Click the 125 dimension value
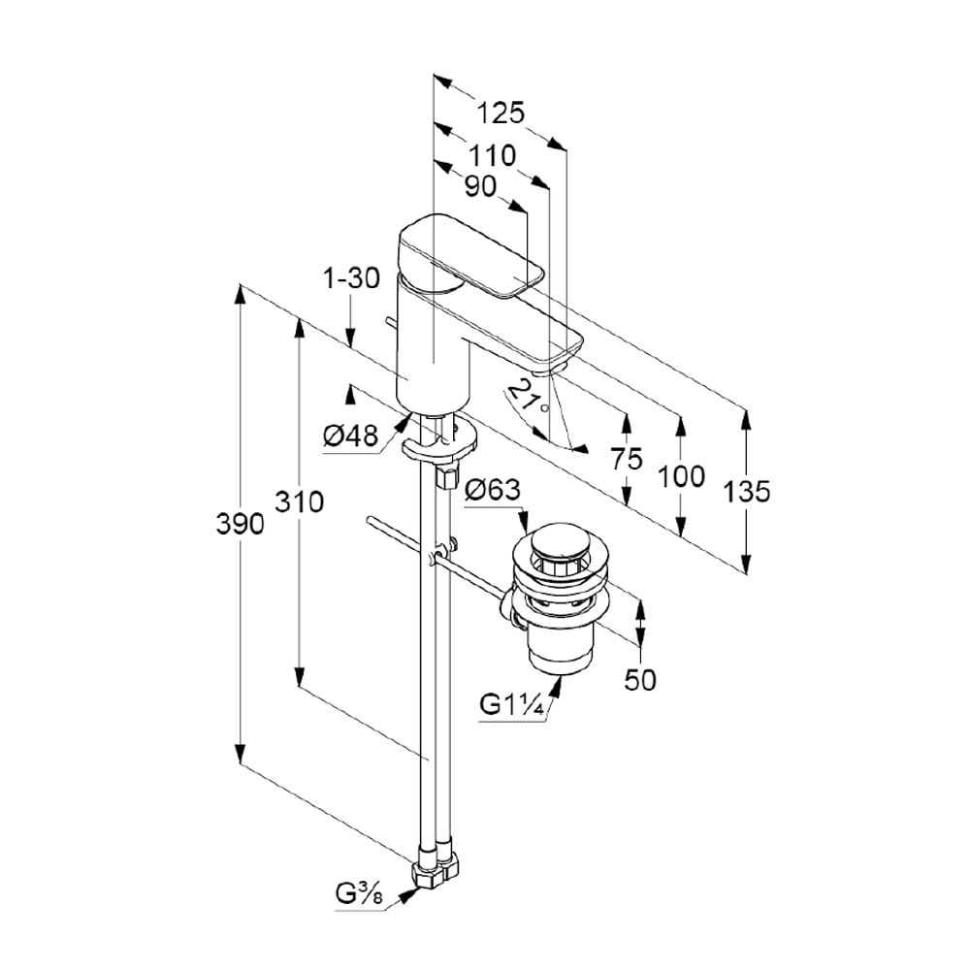(x=501, y=113)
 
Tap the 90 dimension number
(x=479, y=186)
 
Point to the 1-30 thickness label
(x=350, y=279)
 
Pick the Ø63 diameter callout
(x=493, y=491)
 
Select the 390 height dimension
(x=240, y=525)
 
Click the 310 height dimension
(x=300, y=501)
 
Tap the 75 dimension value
(x=627, y=459)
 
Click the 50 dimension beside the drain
(x=639, y=680)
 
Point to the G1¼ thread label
(x=512, y=705)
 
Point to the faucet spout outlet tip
(x=548, y=368)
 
